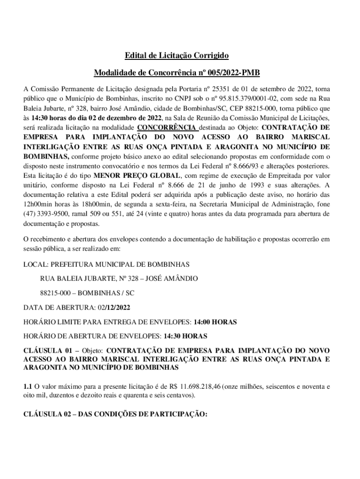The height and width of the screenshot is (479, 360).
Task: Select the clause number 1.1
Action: (28, 387)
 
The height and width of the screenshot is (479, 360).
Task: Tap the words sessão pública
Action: (45, 248)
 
